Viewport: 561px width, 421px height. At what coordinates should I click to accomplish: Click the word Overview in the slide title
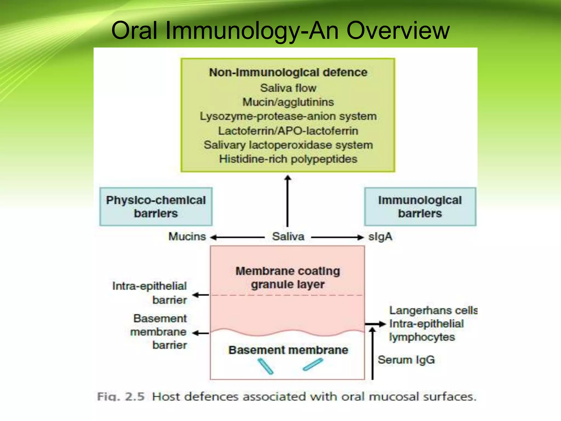(x=398, y=31)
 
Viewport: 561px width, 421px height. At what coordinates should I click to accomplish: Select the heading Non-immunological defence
(x=288, y=73)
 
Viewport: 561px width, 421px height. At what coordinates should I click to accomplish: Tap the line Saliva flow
(x=288, y=88)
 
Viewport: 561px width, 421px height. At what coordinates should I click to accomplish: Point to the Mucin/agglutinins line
(x=288, y=102)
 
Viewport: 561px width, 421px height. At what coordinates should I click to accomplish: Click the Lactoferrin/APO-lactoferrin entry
(x=288, y=131)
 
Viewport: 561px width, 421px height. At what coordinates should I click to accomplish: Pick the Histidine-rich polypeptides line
(x=288, y=159)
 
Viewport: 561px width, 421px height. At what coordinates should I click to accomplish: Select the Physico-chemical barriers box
(x=156, y=207)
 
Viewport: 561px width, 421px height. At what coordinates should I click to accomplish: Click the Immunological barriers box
(x=420, y=207)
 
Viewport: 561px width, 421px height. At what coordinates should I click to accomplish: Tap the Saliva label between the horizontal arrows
(x=288, y=237)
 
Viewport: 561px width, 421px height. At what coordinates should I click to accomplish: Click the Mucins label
(x=187, y=237)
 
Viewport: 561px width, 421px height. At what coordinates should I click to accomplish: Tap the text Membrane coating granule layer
(x=288, y=278)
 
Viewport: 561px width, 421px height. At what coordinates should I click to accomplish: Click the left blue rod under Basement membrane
(x=265, y=366)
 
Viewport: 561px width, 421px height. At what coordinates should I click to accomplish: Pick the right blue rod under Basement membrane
(x=313, y=365)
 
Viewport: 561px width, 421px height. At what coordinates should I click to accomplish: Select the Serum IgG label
(x=406, y=360)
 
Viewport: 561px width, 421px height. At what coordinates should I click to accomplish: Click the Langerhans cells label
(x=433, y=311)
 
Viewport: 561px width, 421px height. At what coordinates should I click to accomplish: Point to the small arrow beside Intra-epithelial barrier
(x=201, y=295)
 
